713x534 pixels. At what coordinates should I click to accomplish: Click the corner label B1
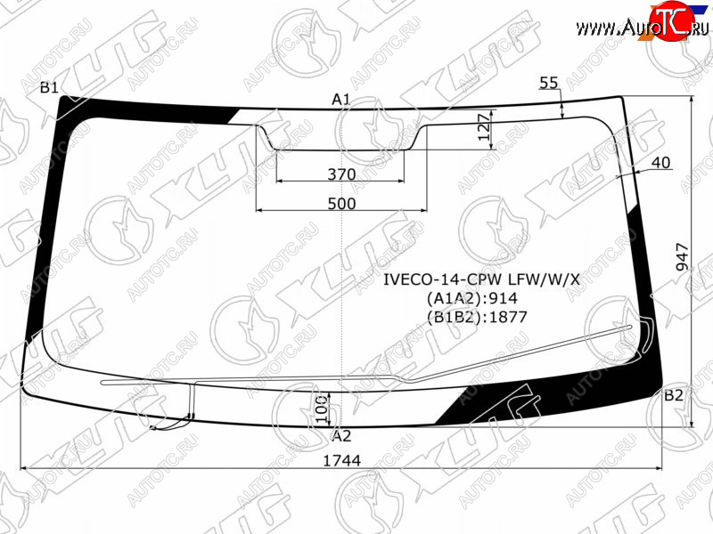pos(50,86)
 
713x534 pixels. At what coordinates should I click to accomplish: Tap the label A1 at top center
pos(341,99)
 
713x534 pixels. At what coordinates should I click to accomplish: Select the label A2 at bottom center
pos(341,436)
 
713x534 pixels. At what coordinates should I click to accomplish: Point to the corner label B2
pos(674,395)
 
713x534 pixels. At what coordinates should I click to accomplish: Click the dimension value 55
pos(548,83)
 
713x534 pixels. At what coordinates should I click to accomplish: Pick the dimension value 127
pos(485,127)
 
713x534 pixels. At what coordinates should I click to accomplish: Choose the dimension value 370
pos(341,174)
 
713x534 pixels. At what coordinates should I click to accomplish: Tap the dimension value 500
pos(341,204)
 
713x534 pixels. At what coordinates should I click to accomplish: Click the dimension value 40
pos(661,163)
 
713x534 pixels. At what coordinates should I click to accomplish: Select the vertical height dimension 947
pos(683,257)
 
